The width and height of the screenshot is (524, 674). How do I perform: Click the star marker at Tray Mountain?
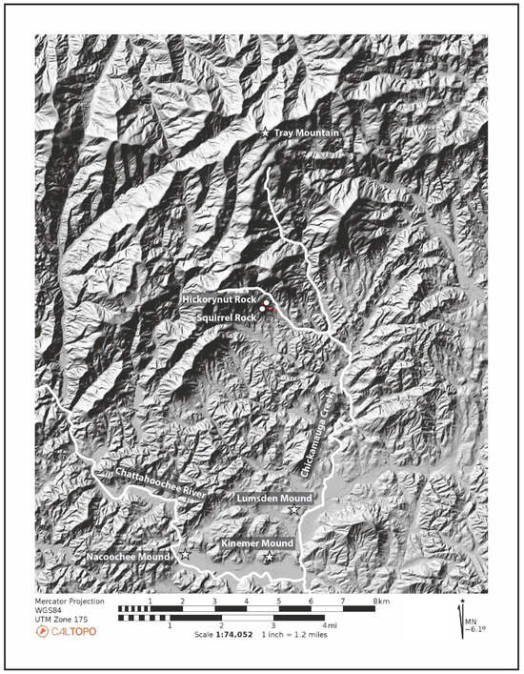pos(266,133)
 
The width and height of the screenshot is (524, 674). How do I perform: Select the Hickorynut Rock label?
pos(218,298)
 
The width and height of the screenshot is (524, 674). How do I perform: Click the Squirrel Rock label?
pos(227,314)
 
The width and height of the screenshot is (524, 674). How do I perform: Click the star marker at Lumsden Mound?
pos(295,509)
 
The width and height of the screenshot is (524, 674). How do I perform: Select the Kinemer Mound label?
pos(256,542)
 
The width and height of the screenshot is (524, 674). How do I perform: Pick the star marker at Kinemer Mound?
pos(270,556)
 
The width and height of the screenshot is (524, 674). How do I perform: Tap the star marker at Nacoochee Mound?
pos(186,554)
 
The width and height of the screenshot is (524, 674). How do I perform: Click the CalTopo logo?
pos(64,630)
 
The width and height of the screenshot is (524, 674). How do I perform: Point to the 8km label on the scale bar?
pos(381,603)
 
